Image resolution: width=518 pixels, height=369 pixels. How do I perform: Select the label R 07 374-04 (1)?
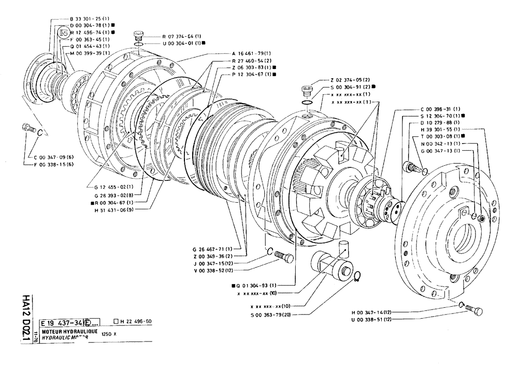[x=182, y=36]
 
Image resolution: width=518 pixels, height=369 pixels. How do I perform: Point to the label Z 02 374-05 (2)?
[x=350, y=80]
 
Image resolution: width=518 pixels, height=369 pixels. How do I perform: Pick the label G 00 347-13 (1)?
[x=440, y=150]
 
